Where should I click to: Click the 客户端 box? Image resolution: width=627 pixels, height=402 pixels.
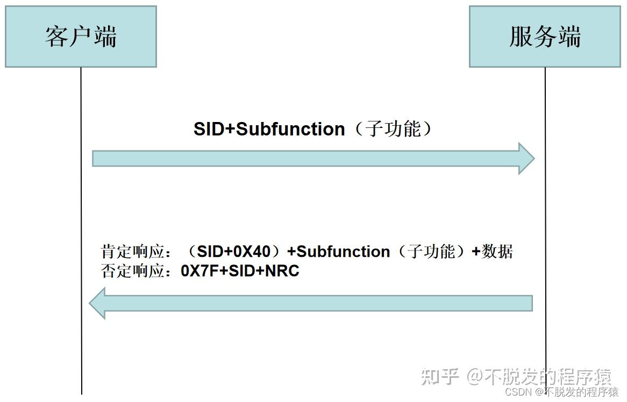tap(81, 37)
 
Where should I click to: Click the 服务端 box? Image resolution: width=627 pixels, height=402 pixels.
tap(545, 37)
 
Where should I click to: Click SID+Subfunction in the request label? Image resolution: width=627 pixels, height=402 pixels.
tap(269, 130)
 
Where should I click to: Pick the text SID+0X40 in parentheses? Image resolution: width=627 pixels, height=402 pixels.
tap(233, 252)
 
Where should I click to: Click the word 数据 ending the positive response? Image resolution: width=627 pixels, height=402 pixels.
tap(497, 252)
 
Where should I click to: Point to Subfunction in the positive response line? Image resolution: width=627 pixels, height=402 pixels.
tap(343, 252)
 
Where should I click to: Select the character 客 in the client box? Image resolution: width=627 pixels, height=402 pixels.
tap(57, 37)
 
